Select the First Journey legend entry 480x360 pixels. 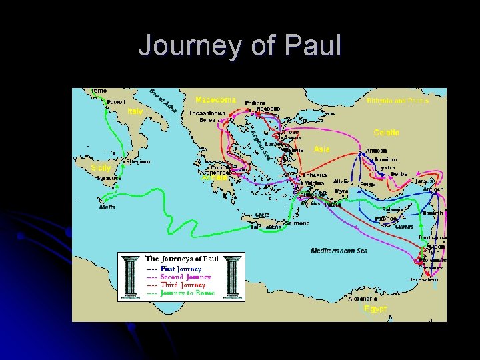coord(181,269)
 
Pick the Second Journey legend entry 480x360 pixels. coord(185,277)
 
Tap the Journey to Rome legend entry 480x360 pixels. coord(187,293)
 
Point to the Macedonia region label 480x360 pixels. coord(215,99)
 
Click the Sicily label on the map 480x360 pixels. coord(101,167)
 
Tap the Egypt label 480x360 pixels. coord(375,309)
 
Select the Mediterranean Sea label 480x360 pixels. coord(339,251)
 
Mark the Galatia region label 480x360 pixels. coord(386,133)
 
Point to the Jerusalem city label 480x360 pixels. coord(424,279)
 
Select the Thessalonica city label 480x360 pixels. coord(206,113)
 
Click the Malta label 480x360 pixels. coord(107,207)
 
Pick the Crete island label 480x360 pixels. coord(262,215)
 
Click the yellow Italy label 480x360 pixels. coord(135,111)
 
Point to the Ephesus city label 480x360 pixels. coord(315,175)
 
